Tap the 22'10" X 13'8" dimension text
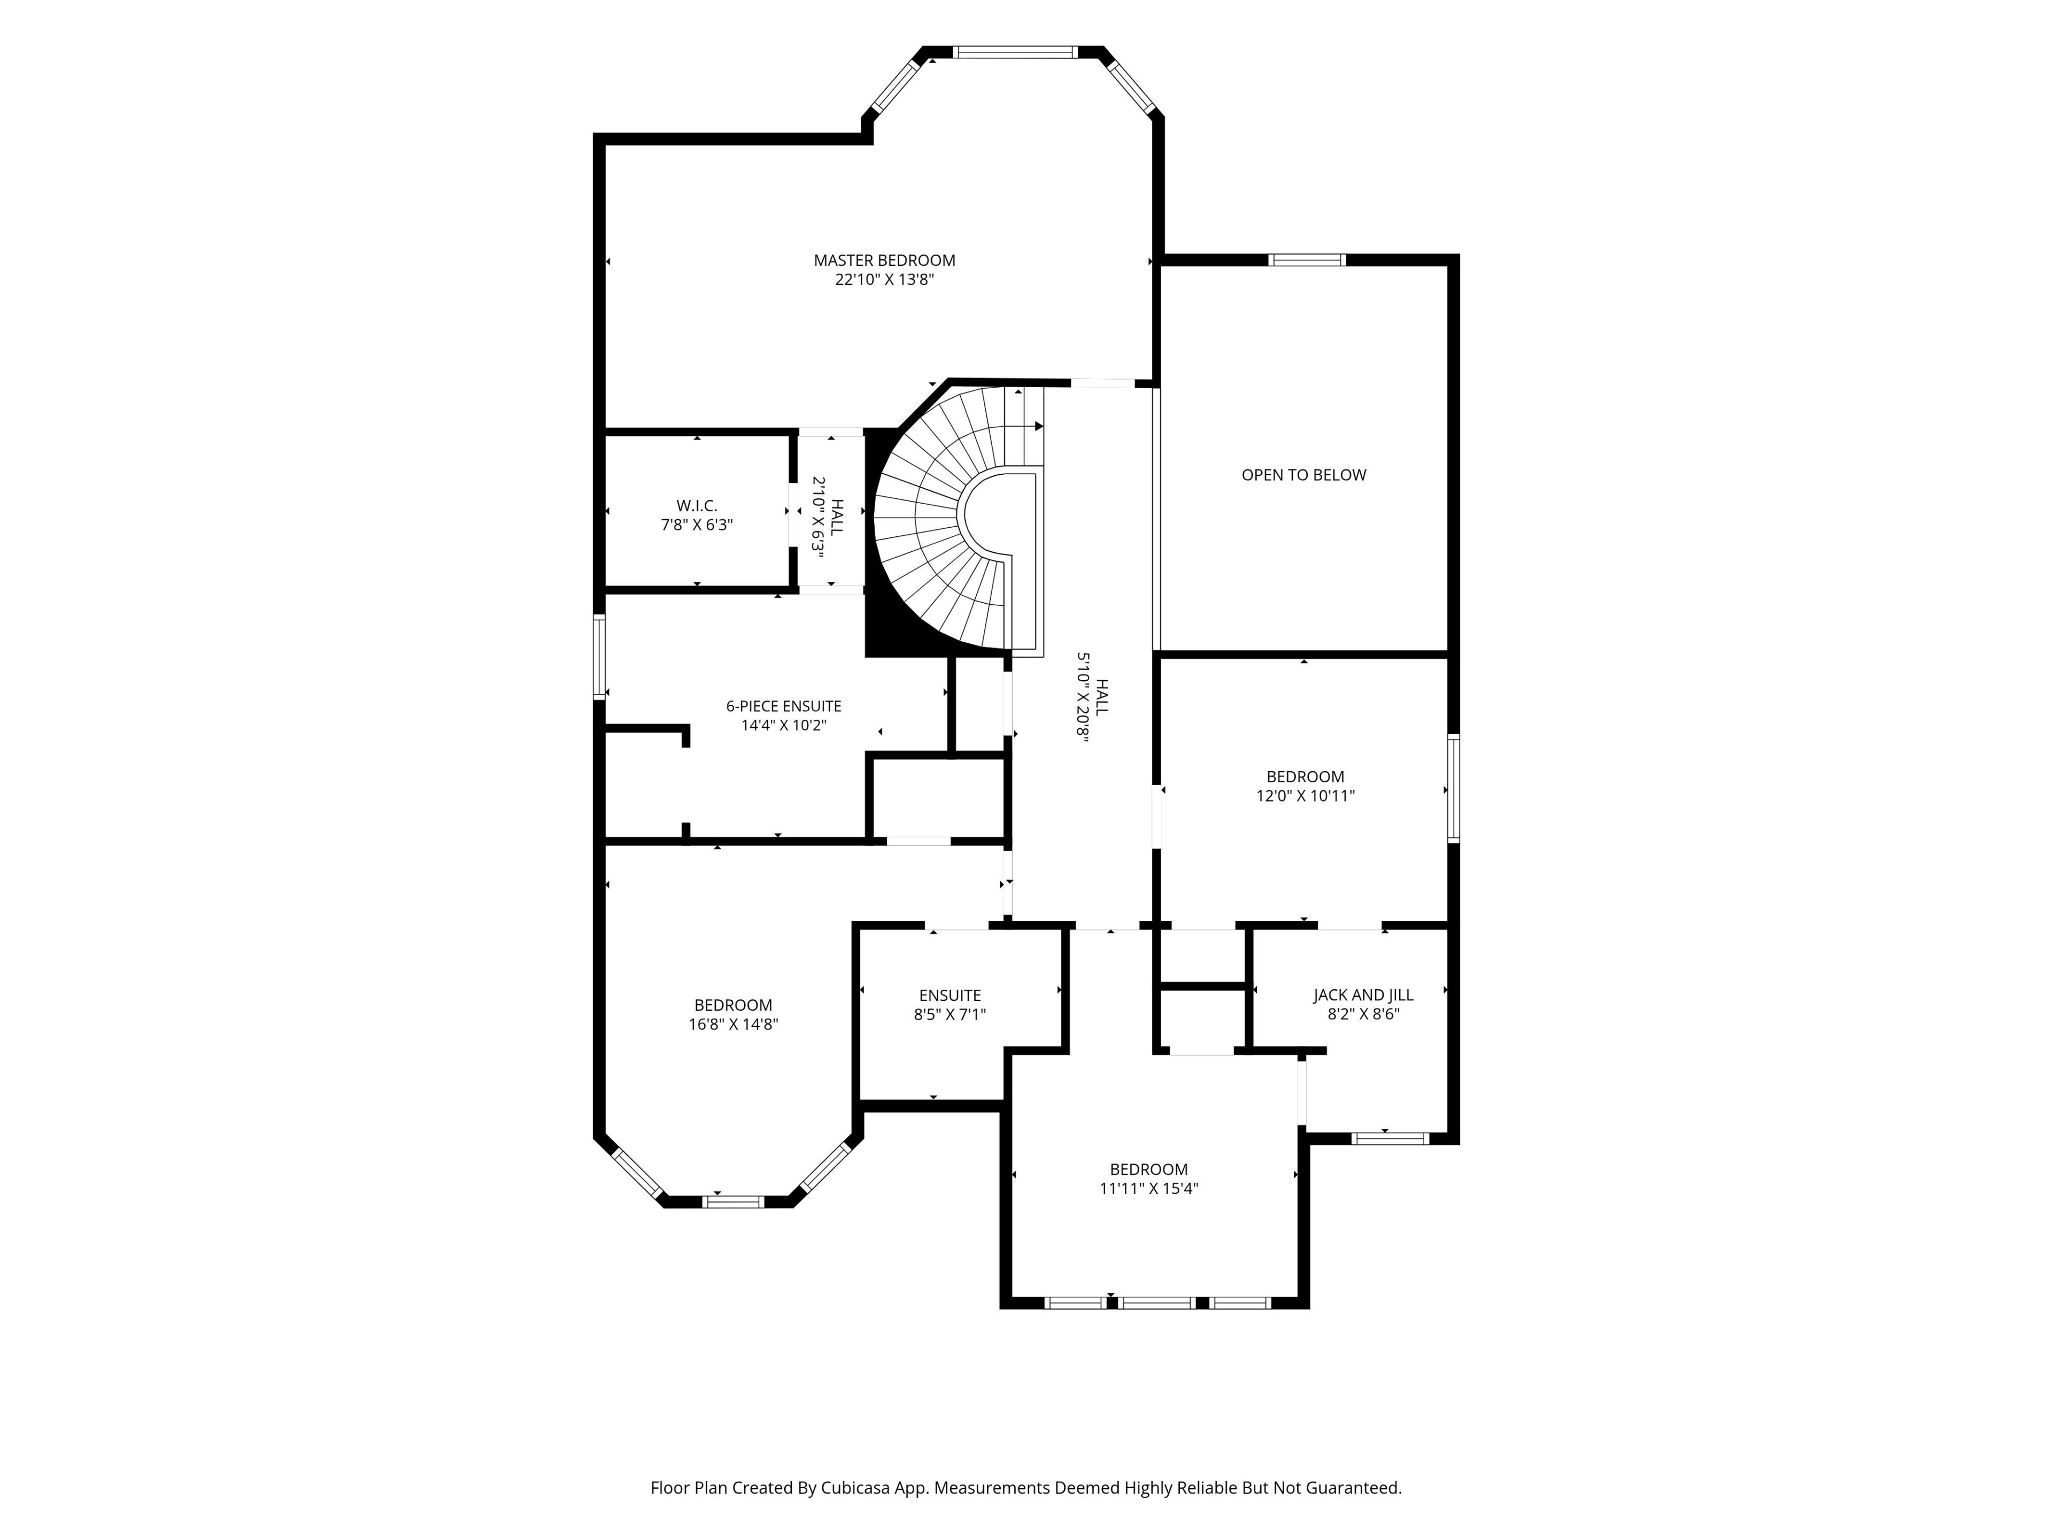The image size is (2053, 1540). [884, 280]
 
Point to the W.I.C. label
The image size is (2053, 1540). [697, 506]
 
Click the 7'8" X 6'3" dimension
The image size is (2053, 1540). [697, 525]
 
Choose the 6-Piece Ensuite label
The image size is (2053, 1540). [784, 706]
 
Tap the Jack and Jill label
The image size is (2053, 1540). [1363, 995]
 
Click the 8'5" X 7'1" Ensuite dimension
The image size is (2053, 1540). [951, 1014]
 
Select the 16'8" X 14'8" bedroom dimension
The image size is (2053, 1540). [733, 1024]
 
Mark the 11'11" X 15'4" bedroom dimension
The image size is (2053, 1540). [1149, 1188]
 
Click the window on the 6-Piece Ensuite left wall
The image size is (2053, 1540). [599, 657]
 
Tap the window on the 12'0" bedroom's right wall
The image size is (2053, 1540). [1454, 788]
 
